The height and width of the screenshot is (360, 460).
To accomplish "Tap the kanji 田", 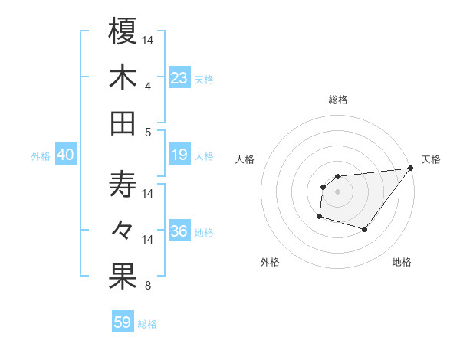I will tap(123, 123).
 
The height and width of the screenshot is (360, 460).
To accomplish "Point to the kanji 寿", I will tap(123, 185).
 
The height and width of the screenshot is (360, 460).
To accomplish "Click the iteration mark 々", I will tap(123, 231).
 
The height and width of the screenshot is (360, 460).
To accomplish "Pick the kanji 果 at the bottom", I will tap(123, 277).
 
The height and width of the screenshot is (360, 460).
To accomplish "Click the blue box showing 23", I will tap(179, 78).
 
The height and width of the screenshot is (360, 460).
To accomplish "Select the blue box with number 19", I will tap(179, 155).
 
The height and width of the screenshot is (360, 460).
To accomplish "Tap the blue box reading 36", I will tap(179, 232).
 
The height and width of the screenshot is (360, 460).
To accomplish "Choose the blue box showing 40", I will tap(66, 155).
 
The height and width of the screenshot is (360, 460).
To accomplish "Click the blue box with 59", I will tap(123, 322).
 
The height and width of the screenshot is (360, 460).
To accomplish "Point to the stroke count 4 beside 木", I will tap(147, 86).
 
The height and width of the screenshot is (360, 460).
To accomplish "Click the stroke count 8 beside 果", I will tap(147, 286).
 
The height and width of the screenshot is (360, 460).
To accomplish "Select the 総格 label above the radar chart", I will tap(338, 100).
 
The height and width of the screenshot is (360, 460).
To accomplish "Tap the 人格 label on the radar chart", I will tap(245, 159).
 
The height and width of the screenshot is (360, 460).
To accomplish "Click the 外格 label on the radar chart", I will tap(269, 262).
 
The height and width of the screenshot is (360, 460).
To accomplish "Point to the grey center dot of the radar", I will tap(337, 191).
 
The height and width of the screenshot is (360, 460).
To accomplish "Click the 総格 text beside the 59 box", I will tap(147, 324).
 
